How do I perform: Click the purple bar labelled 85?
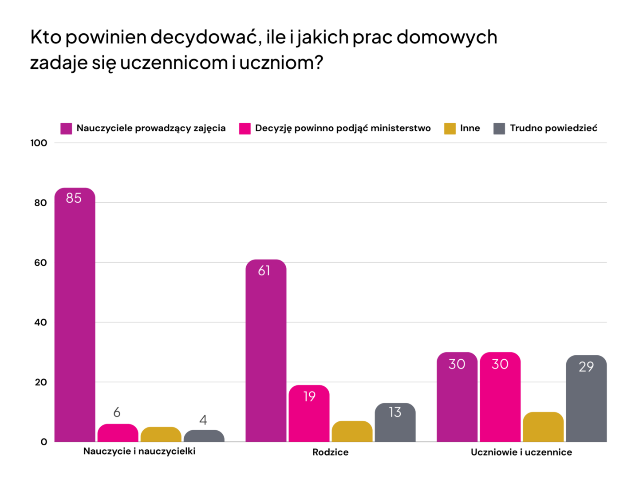(75, 315)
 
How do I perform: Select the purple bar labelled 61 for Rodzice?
(266, 350)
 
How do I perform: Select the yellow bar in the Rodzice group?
(352, 431)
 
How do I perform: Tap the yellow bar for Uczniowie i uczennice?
(543, 427)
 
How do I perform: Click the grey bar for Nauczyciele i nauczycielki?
(204, 436)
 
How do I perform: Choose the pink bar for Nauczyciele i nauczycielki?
(118, 433)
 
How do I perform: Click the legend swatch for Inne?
(450, 129)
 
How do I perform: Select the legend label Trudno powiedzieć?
(553, 128)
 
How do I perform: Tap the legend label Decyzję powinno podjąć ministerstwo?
(343, 128)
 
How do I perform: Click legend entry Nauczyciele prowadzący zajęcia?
(151, 128)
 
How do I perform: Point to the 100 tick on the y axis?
(39, 143)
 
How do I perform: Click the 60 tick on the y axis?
(40, 263)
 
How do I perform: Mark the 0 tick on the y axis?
(43, 442)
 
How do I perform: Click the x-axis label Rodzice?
(330, 452)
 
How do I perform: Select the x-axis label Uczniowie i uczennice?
(521, 452)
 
